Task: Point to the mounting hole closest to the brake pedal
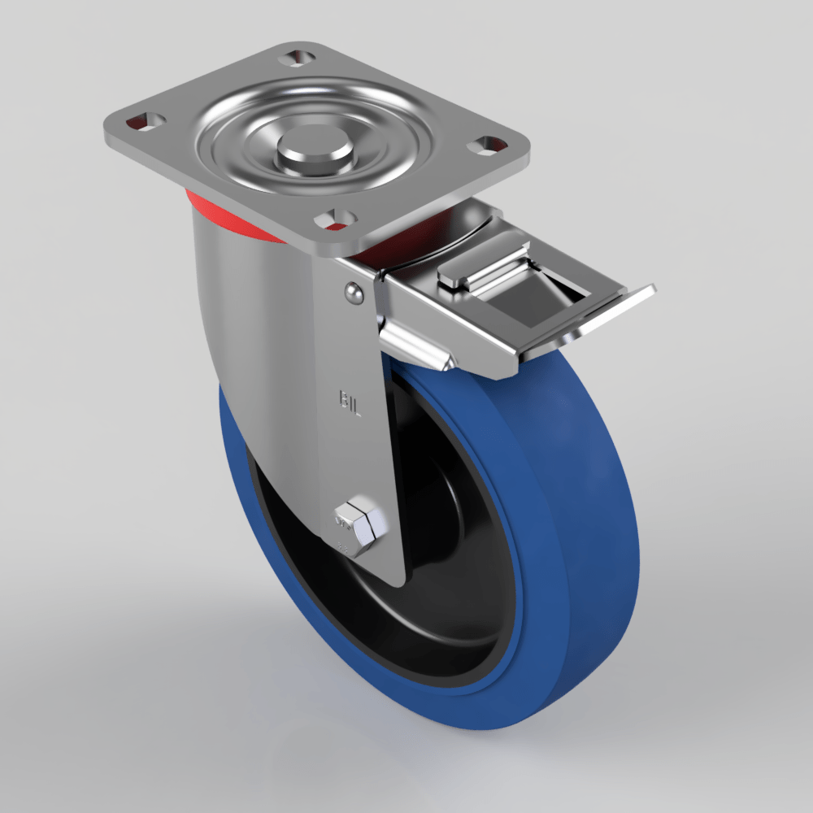[x=490, y=146]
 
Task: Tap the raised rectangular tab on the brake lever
[x=480, y=269]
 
